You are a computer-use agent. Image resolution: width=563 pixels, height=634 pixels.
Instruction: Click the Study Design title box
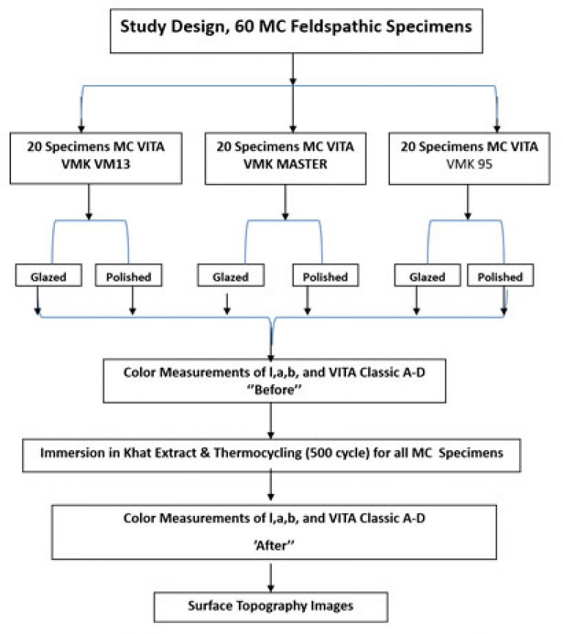296,31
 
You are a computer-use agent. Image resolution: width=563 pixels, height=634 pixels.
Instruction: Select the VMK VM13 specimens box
96,158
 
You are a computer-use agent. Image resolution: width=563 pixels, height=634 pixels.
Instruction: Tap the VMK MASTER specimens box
286,158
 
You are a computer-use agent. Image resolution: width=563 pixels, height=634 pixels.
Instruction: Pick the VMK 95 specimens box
469,158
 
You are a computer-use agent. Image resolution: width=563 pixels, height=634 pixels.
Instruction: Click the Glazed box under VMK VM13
48,276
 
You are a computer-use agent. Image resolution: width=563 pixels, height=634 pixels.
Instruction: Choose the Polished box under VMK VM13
128,276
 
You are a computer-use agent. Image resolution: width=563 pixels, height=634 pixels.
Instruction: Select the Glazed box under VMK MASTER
231,276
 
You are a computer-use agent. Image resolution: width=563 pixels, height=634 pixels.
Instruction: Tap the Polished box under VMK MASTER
325,276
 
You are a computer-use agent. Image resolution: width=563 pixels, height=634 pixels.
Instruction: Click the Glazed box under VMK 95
427,276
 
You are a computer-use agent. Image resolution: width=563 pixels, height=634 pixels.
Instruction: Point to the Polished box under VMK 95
500,276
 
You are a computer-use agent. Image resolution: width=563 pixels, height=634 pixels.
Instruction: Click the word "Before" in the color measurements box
274,390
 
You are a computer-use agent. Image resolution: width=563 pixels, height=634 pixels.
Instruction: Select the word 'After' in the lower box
274,545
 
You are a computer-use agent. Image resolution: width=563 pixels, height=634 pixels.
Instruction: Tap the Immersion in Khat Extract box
271,455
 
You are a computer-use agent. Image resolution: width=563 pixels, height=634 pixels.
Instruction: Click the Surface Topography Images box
271,607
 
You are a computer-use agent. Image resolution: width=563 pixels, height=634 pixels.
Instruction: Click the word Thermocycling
257,453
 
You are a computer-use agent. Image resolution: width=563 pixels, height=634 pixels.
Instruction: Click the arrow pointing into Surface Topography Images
271,578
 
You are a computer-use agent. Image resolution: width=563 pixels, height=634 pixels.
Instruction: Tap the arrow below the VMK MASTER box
285,202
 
